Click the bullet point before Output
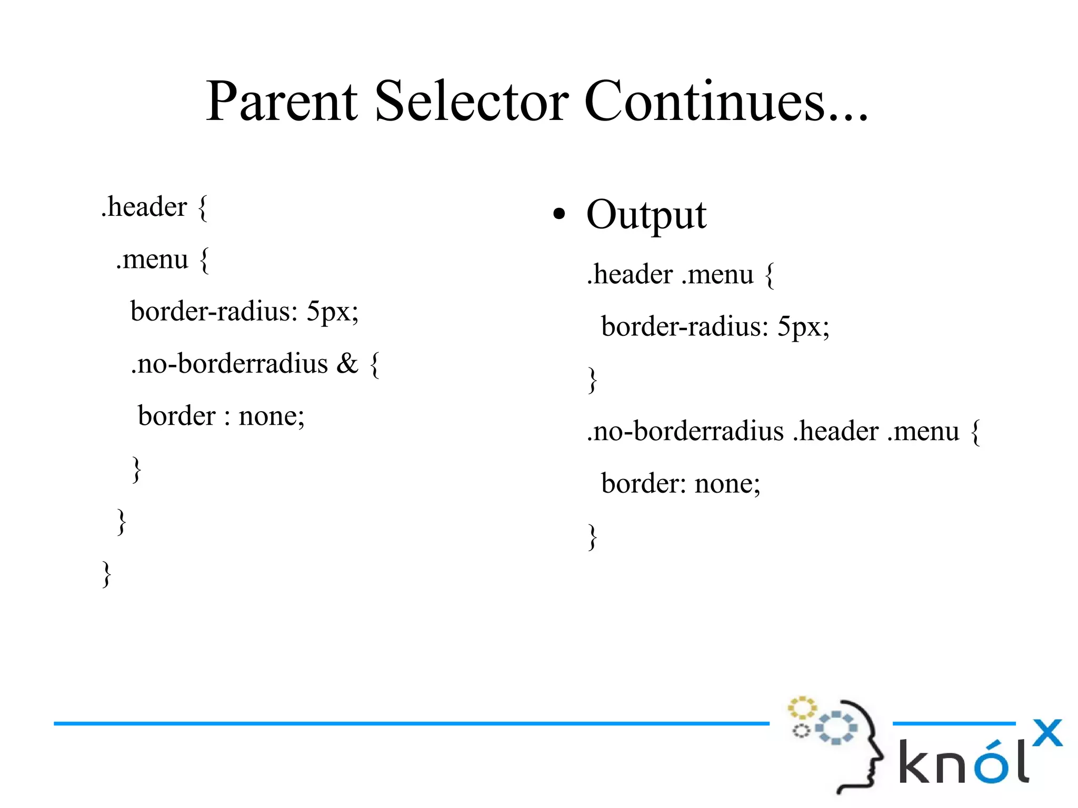(559, 214)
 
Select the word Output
(646, 215)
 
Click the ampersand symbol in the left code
(347, 363)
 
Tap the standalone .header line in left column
(145, 206)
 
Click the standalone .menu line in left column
(152, 259)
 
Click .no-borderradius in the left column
(229, 363)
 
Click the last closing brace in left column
(107, 573)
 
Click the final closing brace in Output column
(593, 536)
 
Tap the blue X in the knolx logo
(1047, 733)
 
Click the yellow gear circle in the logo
(801, 708)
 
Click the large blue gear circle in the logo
(836, 727)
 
